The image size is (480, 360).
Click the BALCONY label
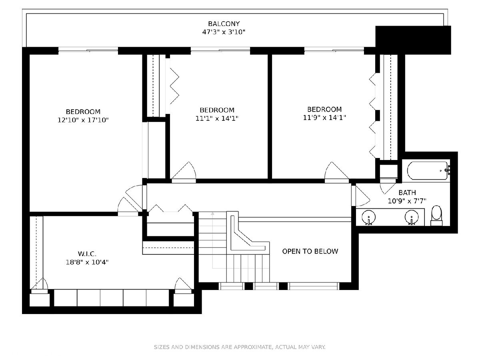pyautogui.click(x=224, y=24)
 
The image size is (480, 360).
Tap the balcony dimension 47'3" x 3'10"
pyautogui.click(x=224, y=32)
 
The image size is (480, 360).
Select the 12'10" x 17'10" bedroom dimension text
pyautogui.click(x=83, y=120)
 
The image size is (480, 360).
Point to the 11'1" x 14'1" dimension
pyautogui.click(x=217, y=118)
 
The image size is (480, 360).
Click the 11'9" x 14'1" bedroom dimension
pyautogui.click(x=324, y=118)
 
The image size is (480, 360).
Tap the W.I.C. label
pyautogui.click(x=87, y=254)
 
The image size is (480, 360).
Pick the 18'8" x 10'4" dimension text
pyautogui.click(x=87, y=262)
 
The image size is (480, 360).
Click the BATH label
pyautogui.click(x=407, y=192)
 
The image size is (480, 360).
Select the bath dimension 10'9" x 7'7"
pyautogui.click(x=407, y=201)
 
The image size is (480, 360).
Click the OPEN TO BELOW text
pyautogui.click(x=310, y=251)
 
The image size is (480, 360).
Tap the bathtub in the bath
pyautogui.click(x=428, y=171)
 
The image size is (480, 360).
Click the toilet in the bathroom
pyautogui.click(x=436, y=215)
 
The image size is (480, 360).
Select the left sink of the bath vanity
pyautogui.click(x=369, y=217)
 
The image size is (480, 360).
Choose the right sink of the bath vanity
pyautogui.click(x=412, y=217)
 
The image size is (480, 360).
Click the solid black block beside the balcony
pyautogui.click(x=413, y=40)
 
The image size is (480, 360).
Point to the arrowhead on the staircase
pyautogui.click(x=212, y=214)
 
